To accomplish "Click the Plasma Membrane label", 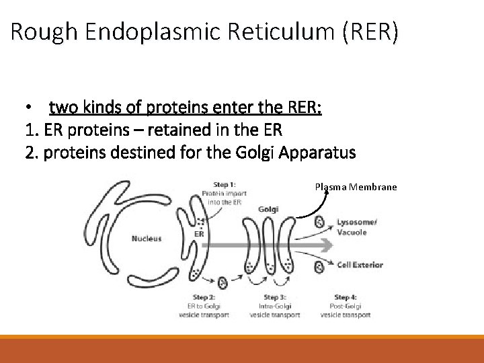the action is [356, 186].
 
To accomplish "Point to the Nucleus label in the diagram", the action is [146, 239].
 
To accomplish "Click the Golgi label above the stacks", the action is [268, 209].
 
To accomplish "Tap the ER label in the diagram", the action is [199, 234].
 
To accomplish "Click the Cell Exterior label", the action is [360, 264].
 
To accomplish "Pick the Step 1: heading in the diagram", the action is [224, 184].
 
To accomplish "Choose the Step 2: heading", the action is [202, 297].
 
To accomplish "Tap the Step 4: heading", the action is [346, 297].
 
